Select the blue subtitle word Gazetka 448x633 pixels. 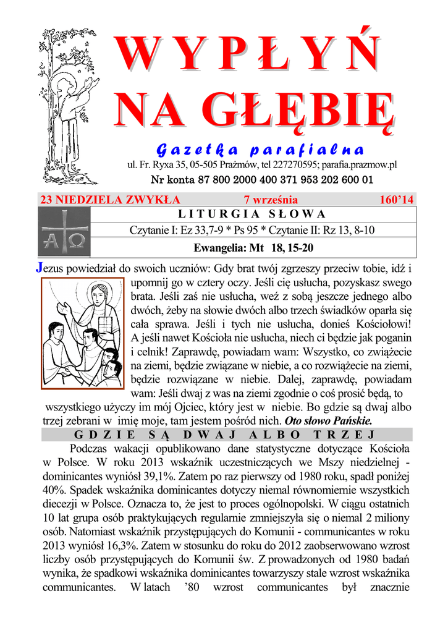(195, 150)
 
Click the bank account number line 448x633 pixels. (262, 181)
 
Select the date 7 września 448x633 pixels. (271, 200)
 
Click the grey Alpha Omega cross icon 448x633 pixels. (64, 232)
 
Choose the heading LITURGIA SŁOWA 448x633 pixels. (251, 215)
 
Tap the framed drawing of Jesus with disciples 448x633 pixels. (80, 333)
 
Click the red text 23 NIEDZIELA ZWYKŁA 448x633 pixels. (110, 200)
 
